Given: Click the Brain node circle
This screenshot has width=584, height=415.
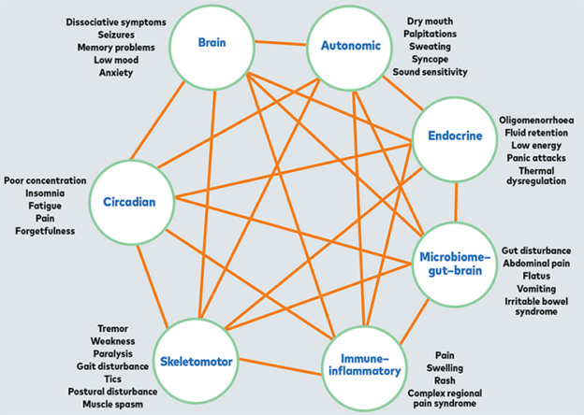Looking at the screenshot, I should tap(212, 43).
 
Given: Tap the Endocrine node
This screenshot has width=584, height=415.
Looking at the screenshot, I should tap(456, 136).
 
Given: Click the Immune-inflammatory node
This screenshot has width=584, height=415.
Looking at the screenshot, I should tap(362, 363).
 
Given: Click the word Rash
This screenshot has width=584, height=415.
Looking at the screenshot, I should tap(445, 379).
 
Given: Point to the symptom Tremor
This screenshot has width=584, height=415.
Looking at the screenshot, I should tap(113, 328).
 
